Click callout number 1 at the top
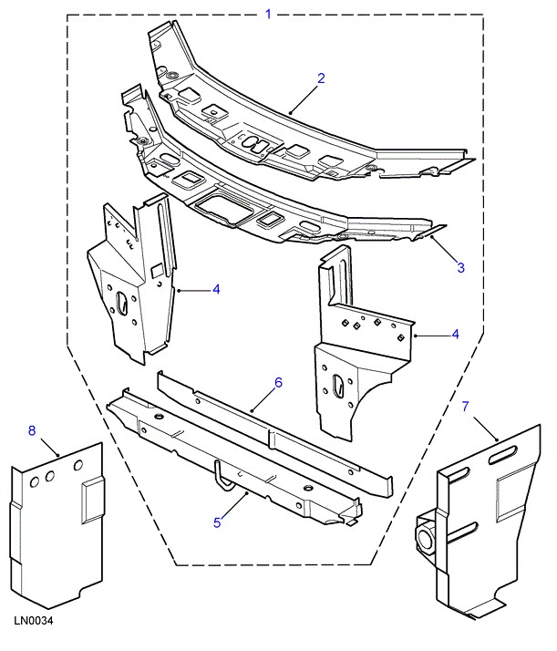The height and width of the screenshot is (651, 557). pyautogui.click(x=268, y=14)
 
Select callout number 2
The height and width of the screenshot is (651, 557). pyautogui.click(x=322, y=78)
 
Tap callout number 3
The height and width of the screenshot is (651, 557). pyautogui.click(x=460, y=267)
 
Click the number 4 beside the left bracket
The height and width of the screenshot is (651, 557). pyautogui.click(x=216, y=290)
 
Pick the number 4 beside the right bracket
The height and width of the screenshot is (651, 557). pyautogui.click(x=455, y=335)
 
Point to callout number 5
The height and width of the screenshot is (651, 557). pyautogui.click(x=217, y=522)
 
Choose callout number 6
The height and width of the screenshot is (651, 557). pyautogui.click(x=278, y=382)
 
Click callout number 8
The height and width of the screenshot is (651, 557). pyautogui.click(x=33, y=430)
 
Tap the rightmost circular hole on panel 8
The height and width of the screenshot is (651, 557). pyautogui.click(x=77, y=468)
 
